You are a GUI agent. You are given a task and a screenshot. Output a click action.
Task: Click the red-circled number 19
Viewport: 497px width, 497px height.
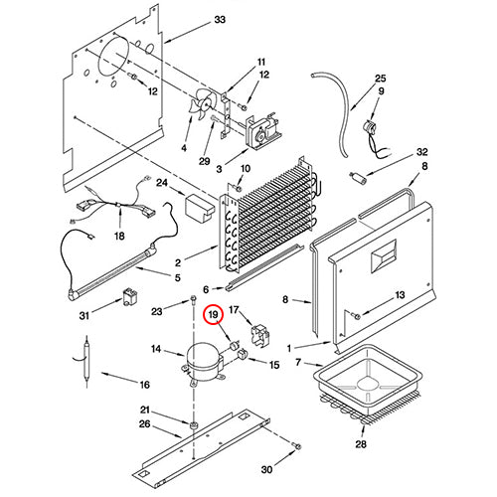click(214, 315)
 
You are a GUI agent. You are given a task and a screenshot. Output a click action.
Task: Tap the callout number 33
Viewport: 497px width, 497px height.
click(220, 20)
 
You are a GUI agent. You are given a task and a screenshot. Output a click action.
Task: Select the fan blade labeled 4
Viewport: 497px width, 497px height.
click(202, 103)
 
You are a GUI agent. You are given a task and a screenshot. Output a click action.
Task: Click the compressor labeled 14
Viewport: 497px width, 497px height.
click(203, 364)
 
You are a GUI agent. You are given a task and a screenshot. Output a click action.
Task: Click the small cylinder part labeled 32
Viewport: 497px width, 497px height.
click(358, 177)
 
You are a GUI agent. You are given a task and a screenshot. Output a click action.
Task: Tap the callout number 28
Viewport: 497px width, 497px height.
click(361, 444)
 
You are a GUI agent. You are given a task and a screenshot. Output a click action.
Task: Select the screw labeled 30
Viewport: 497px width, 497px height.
click(297, 445)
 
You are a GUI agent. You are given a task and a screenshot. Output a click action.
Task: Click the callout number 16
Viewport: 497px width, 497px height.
click(145, 385)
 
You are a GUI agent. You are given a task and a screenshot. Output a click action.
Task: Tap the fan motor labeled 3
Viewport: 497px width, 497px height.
click(263, 131)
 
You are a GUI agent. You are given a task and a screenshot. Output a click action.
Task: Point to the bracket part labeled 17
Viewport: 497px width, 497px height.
click(260, 336)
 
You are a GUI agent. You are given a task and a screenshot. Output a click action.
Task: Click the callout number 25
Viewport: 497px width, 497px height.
click(381, 79)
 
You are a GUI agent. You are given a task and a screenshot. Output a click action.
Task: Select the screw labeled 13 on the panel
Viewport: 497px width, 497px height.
click(357, 316)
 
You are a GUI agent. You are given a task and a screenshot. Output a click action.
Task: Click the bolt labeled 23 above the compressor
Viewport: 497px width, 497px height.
click(193, 300)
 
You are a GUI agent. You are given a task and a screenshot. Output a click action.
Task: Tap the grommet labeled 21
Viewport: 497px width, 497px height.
click(194, 424)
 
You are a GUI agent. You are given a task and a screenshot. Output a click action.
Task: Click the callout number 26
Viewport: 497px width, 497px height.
click(145, 424)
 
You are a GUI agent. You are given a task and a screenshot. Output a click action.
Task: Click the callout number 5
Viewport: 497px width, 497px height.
click(178, 277)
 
